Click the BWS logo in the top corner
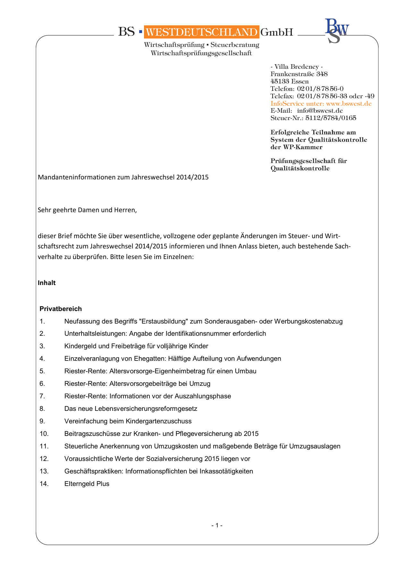pyautogui.click(x=336, y=31)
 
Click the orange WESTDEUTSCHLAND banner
pyautogui.click(x=201, y=32)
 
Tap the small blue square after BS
pyautogui.click(x=140, y=32)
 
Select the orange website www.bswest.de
pyautogui.click(x=349, y=103)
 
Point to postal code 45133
pyautogui.click(x=280, y=81)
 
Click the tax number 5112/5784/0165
pyautogui.click(x=331, y=118)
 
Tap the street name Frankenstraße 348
pyautogui.click(x=299, y=74)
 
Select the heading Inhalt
pyautogui.click(x=47, y=283)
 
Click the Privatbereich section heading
pyautogui.click(x=61, y=309)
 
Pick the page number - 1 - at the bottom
pyautogui.click(x=217, y=525)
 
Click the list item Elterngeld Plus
pyautogui.click(x=87, y=484)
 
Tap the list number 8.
pyautogui.click(x=42, y=409)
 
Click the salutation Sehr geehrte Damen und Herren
pyautogui.click(x=87, y=210)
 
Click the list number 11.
pyautogui.click(x=44, y=446)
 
